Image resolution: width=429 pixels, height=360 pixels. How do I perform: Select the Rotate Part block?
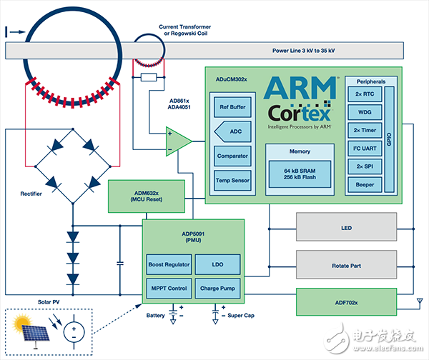coord(345,266)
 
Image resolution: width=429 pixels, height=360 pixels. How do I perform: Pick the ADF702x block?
coord(345,301)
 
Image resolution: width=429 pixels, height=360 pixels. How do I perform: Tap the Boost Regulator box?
coord(169,264)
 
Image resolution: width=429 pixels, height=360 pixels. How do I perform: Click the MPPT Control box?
coord(169,289)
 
